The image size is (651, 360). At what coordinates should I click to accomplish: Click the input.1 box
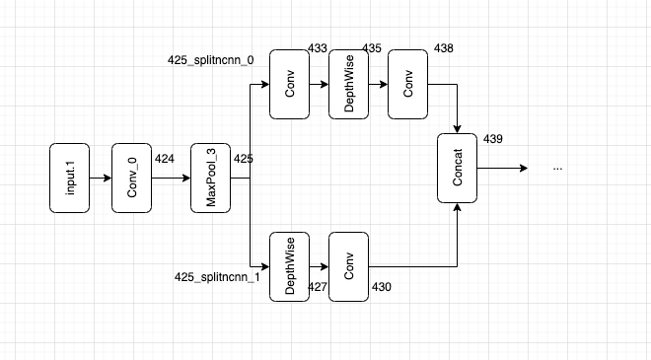(69, 179)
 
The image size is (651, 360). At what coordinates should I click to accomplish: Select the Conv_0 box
(131, 179)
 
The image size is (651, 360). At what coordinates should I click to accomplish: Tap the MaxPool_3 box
(210, 179)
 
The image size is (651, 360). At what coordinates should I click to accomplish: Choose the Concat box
(458, 169)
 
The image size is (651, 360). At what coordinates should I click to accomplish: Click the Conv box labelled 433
(289, 84)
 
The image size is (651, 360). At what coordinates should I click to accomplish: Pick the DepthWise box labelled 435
(348, 84)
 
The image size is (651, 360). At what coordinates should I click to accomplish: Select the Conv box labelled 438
(407, 84)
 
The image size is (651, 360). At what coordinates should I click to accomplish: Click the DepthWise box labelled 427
(289, 266)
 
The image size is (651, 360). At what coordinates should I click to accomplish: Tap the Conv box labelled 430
(348, 266)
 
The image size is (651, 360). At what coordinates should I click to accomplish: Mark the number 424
(165, 158)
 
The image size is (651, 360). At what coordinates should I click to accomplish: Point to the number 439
(493, 139)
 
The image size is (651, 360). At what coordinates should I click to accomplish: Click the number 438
(444, 47)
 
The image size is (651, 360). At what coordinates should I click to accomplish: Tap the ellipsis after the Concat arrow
(558, 169)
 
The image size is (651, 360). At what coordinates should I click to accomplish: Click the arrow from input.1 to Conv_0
(100, 179)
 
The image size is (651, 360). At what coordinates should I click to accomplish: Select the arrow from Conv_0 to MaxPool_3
(171, 179)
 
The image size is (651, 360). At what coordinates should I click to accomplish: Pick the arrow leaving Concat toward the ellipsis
(503, 169)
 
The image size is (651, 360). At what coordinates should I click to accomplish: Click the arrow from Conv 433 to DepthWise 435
(319, 84)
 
